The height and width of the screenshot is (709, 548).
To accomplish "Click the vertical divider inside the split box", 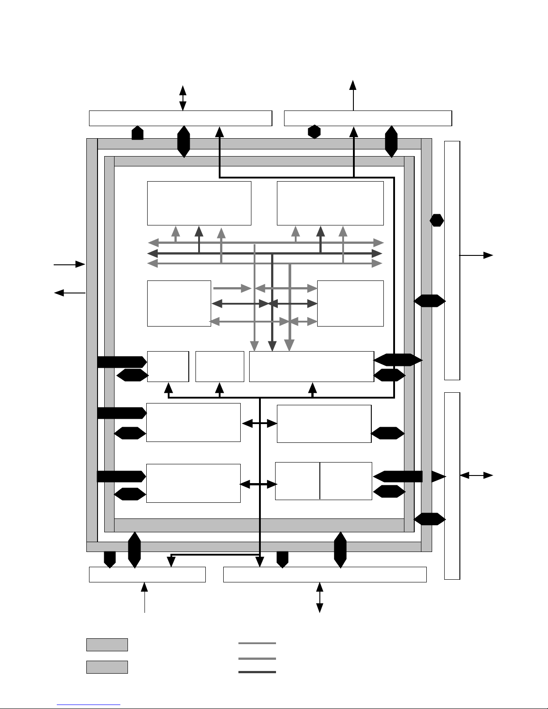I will pos(320,481).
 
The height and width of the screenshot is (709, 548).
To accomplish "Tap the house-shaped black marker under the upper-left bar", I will pos(137,133).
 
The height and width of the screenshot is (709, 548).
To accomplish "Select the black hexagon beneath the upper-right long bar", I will pos(314,132).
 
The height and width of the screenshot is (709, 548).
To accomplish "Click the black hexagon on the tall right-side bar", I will pos(437,220).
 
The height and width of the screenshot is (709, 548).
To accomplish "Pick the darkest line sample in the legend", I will pos(257,672).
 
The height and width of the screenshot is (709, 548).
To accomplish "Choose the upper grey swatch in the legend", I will pos(107,645).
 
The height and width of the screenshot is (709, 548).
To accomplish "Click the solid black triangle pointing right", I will pos(438,476).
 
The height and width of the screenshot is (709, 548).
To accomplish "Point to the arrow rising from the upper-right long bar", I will pos(353,95).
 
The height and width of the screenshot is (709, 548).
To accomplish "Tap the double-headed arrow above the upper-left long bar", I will pos(183,98).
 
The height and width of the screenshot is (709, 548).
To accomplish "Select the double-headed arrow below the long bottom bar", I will pos(319,597).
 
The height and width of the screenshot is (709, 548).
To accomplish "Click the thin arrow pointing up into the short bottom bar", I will pos(144,597).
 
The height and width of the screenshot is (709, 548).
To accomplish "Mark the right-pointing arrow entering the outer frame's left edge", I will pos(69,264).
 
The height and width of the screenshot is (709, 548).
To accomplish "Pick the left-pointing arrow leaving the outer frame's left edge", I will pos(69,293).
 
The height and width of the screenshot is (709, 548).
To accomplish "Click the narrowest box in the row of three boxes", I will pos(168,366).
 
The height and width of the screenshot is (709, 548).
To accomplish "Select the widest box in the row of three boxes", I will pos(311,366).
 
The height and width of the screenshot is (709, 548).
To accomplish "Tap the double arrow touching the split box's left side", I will pos(258,484).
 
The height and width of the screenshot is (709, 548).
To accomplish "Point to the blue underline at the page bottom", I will pos(89,705).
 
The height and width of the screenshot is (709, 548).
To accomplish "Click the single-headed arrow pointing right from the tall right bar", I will pos(476,255).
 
